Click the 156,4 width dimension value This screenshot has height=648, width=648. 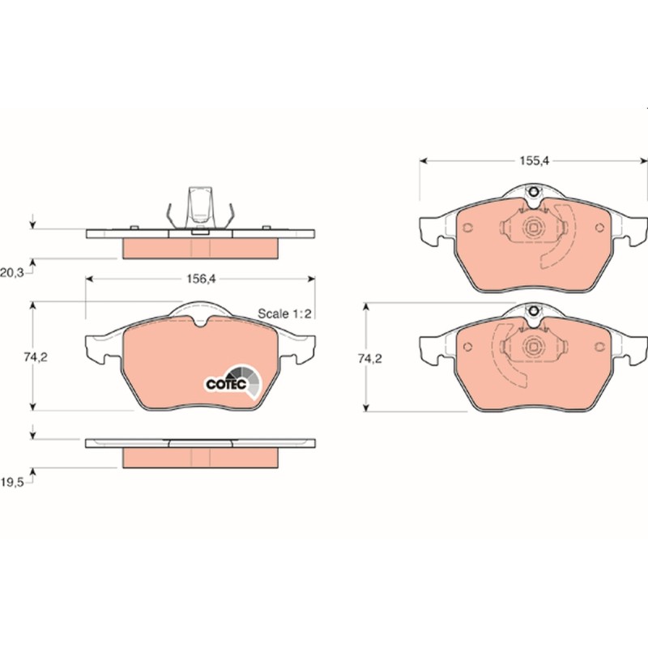coord(201,279)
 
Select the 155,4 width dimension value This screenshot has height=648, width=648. coord(535,160)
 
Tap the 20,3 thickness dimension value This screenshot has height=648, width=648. coord(12,272)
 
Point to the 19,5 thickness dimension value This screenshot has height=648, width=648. coord(12,482)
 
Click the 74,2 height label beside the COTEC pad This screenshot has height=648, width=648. coord(36,357)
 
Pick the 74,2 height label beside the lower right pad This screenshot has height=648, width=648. coord(370,359)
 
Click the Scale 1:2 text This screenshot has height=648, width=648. coord(284,313)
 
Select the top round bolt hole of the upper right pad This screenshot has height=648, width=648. coord(534,191)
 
